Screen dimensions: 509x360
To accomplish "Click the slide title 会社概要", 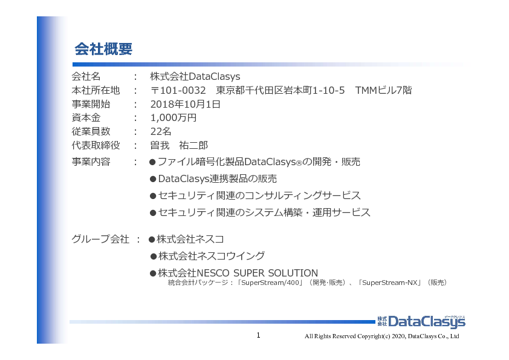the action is (x=103, y=49).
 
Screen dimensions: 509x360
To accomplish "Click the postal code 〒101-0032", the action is (x=178, y=90).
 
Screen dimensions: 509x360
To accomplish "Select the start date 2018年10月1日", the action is (x=186, y=104).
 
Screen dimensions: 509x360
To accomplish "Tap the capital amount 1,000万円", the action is (x=173, y=118).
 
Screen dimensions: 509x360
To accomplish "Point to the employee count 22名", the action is (x=161, y=131).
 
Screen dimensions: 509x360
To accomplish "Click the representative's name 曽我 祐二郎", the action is (x=179, y=145).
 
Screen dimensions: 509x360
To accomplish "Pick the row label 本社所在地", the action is (x=96, y=90).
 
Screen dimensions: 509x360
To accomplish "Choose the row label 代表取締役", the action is (x=96, y=145).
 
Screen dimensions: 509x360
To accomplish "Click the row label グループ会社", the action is (x=100, y=239).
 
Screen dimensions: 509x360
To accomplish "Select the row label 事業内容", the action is (x=91, y=162).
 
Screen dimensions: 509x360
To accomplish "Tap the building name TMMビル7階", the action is (x=383, y=90).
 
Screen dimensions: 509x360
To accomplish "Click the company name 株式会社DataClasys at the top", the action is (x=195, y=77).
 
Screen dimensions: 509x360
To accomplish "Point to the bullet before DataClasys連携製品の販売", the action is (x=153, y=179).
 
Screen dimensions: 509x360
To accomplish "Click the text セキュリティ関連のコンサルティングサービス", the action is (x=259, y=195).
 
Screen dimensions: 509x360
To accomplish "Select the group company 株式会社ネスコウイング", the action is (x=212, y=256).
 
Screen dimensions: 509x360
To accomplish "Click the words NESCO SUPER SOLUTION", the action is (x=258, y=273).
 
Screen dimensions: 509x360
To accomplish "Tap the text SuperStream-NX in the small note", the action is (x=389, y=283).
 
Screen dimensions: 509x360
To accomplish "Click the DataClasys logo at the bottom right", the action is (x=421, y=321).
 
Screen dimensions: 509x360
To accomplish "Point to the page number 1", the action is (x=258, y=335).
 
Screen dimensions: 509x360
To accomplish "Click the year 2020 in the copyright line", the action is (x=398, y=336).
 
